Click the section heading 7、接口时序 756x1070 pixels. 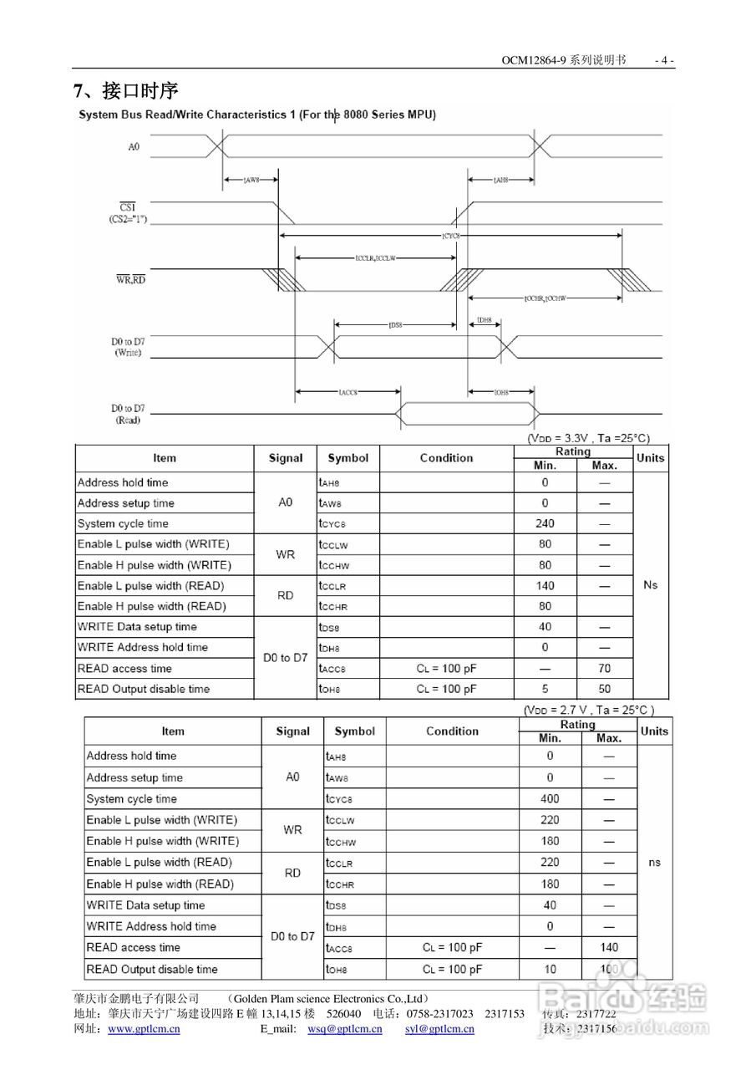(126, 89)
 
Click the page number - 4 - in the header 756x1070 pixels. (664, 60)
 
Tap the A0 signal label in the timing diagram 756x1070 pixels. (134, 147)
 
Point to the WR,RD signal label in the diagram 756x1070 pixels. (130, 279)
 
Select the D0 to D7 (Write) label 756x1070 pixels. (128, 347)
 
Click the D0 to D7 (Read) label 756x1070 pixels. (128, 414)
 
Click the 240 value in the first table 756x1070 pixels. (545, 523)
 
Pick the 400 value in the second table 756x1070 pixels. (550, 798)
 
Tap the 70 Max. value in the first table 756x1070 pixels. (604, 668)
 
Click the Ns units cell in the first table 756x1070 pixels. (651, 584)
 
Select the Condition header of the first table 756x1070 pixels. (446, 458)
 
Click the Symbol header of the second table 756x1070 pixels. (355, 731)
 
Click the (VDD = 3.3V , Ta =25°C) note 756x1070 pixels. (588, 438)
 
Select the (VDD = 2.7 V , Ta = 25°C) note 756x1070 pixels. (589, 710)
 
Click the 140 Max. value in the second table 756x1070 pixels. (609, 947)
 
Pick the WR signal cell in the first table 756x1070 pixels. (285, 554)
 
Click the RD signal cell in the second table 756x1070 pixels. (292, 873)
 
